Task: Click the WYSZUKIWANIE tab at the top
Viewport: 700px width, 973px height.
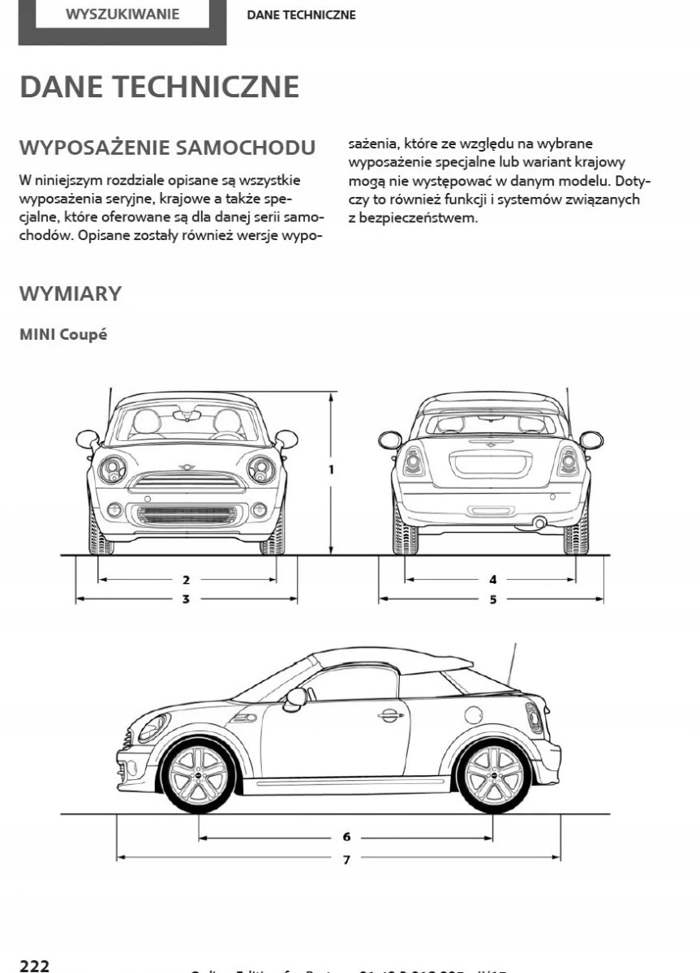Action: (122, 15)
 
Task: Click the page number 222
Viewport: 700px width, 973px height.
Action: (35, 965)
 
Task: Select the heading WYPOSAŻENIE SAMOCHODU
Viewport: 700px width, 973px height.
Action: (167, 148)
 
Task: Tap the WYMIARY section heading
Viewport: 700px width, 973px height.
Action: (71, 294)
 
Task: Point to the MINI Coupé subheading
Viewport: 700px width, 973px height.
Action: (63, 335)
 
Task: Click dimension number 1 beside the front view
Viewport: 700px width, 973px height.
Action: (332, 469)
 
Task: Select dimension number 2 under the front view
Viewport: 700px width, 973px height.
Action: (186, 580)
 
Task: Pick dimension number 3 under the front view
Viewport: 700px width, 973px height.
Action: (186, 599)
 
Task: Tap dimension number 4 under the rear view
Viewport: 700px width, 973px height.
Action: (492, 580)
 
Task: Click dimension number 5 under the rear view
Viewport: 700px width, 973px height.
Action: (492, 599)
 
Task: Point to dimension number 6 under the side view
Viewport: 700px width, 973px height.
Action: (346, 837)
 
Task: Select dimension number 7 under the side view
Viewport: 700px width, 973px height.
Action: (346, 858)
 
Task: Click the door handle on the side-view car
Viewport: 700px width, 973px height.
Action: (390, 714)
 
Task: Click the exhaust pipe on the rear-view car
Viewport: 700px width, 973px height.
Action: (539, 524)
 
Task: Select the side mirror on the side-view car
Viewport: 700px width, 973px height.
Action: (296, 697)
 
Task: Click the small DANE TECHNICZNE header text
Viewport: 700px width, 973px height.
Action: (301, 15)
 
